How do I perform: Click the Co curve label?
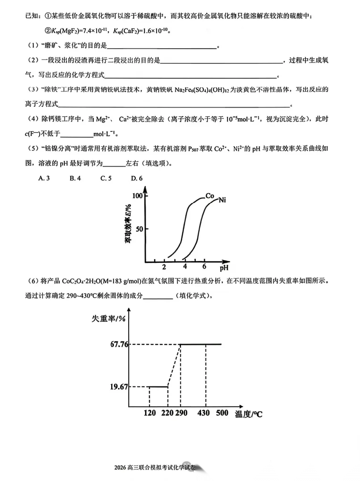click(x=210, y=195)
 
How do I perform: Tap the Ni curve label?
click(x=222, y=200)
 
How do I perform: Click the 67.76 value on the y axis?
click(x=106, y=344)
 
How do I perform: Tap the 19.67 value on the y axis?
click(x=106, y=386)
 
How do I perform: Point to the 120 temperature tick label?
click(x=150, y=413)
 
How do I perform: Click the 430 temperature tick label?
click(x=203, y=413)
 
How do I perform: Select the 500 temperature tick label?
click(x=222, y=413)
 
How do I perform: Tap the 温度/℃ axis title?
click(x=249, y=414)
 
